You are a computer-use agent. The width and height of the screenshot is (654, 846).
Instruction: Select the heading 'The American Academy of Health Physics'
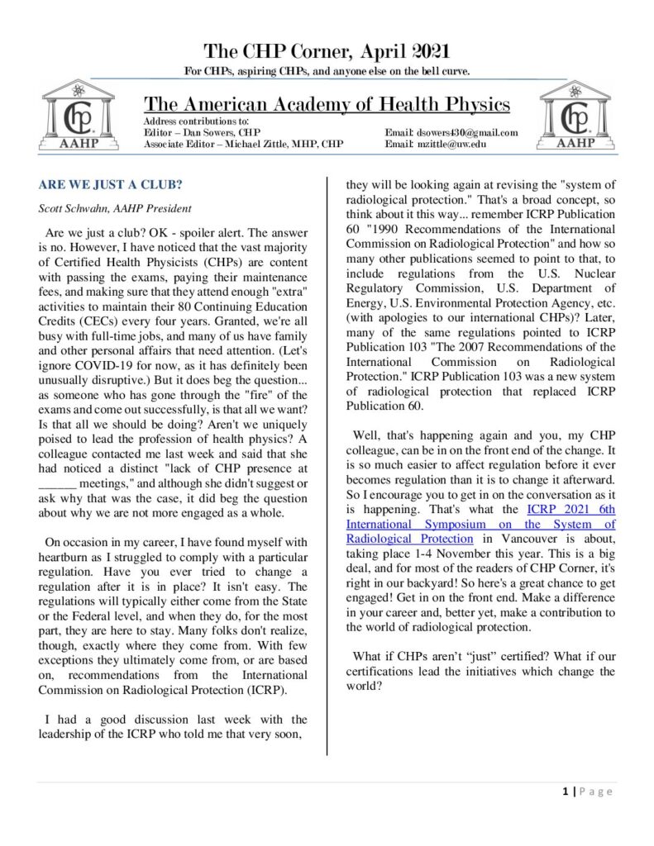[327, 105]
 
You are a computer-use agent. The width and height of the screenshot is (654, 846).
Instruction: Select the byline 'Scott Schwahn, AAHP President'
[108, 209]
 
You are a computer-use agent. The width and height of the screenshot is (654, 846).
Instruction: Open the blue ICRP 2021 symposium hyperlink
[480, 524]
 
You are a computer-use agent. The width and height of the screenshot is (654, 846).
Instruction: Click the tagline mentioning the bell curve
[327, 71]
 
